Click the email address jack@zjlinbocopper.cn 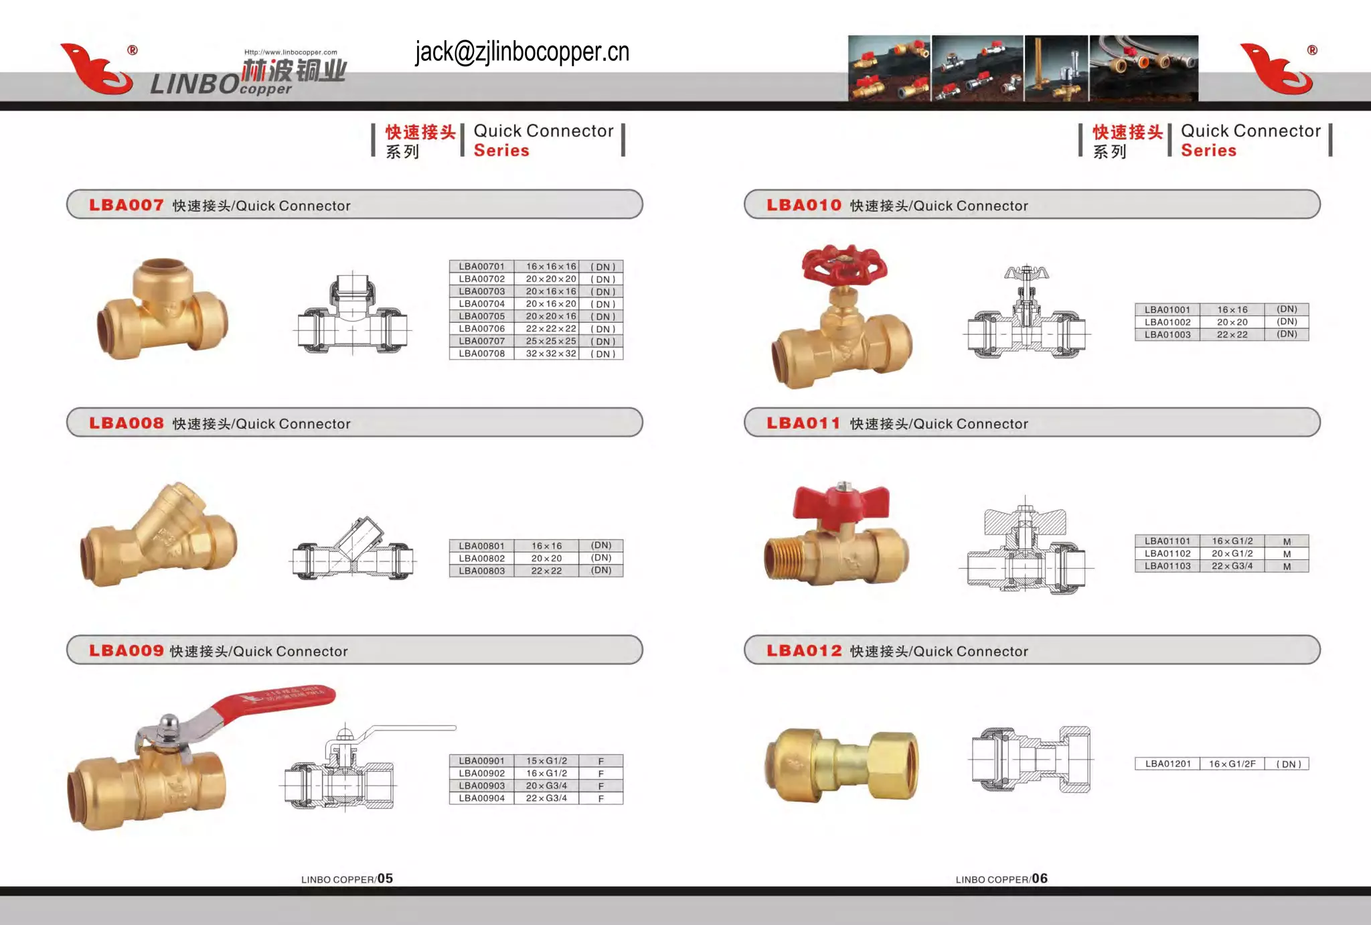(x=521, y=52)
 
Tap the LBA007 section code (x=127, y=205)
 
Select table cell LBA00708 (x=481, y=354)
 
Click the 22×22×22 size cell (x=550, y=329)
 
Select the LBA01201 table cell (x=1167, y=764)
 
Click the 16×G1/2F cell (x=1232, y=764)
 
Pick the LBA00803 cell (x=481, y=571)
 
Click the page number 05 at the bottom (x=385, y=878)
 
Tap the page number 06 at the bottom (x=1040, y=878)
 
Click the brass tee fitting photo (x=163, y=311)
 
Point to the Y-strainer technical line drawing (x=353, y=551)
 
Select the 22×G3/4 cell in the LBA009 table (x=546, y=798)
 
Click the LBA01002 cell (x=1167, y=322)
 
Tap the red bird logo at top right (x=1276, y=68)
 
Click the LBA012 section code (x=804, y=651)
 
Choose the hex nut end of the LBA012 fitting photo (x=894, y=765)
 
